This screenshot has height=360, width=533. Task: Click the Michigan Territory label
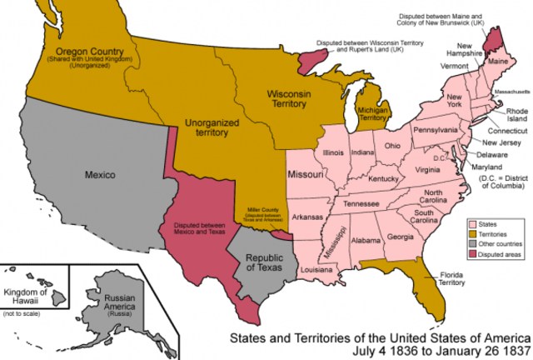376,114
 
